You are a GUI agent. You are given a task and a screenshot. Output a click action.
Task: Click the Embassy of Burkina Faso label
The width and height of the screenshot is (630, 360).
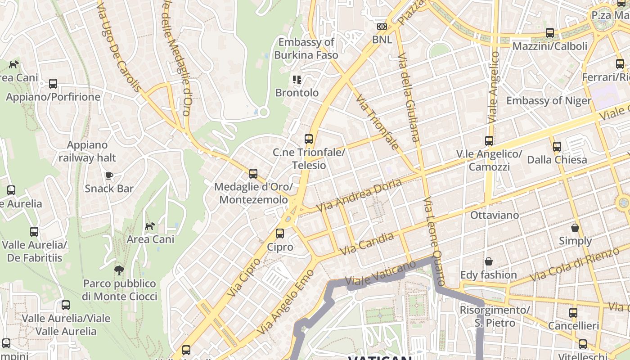coord(306,49)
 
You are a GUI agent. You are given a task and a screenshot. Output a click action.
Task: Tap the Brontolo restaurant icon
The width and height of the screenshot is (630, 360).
coord(297,80)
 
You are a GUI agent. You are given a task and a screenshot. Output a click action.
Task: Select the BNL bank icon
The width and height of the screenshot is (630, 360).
coord(382,27)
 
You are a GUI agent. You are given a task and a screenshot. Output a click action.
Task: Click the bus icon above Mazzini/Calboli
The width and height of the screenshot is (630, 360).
coord(549,33)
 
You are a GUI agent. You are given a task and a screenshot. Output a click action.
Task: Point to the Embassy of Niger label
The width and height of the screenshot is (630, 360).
coord(549,100)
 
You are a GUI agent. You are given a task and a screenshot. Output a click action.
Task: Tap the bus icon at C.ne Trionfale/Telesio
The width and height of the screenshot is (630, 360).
coord(308,139)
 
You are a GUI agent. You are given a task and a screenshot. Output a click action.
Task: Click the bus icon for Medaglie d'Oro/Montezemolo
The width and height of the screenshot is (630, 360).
coord(253,174)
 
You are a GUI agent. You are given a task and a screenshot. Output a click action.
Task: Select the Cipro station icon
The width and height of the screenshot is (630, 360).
coord(280,234)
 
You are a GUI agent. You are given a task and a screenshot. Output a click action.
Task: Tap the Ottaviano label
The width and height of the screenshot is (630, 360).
coord(494,215)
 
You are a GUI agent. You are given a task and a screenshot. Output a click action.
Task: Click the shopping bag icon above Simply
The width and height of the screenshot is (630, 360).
coord(575,228)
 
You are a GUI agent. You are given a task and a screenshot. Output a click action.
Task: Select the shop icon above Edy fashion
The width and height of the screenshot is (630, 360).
coord(488,261)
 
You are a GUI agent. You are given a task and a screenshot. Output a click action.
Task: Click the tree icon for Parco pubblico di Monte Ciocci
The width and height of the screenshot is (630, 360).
coord(119,270)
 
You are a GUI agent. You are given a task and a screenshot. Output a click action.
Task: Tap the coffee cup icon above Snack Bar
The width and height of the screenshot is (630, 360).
coord(109,175)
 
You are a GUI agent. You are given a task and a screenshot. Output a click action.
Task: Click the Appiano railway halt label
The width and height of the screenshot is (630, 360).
coord(87,151)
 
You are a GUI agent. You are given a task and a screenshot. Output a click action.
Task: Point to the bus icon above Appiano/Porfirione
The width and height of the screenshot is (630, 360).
coord(53,84)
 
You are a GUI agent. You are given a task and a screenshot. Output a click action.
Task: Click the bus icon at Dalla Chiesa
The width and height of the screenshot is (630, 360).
coord(557,146)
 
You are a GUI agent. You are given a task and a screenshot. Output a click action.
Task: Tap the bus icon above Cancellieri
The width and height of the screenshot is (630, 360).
coord(573,312)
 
